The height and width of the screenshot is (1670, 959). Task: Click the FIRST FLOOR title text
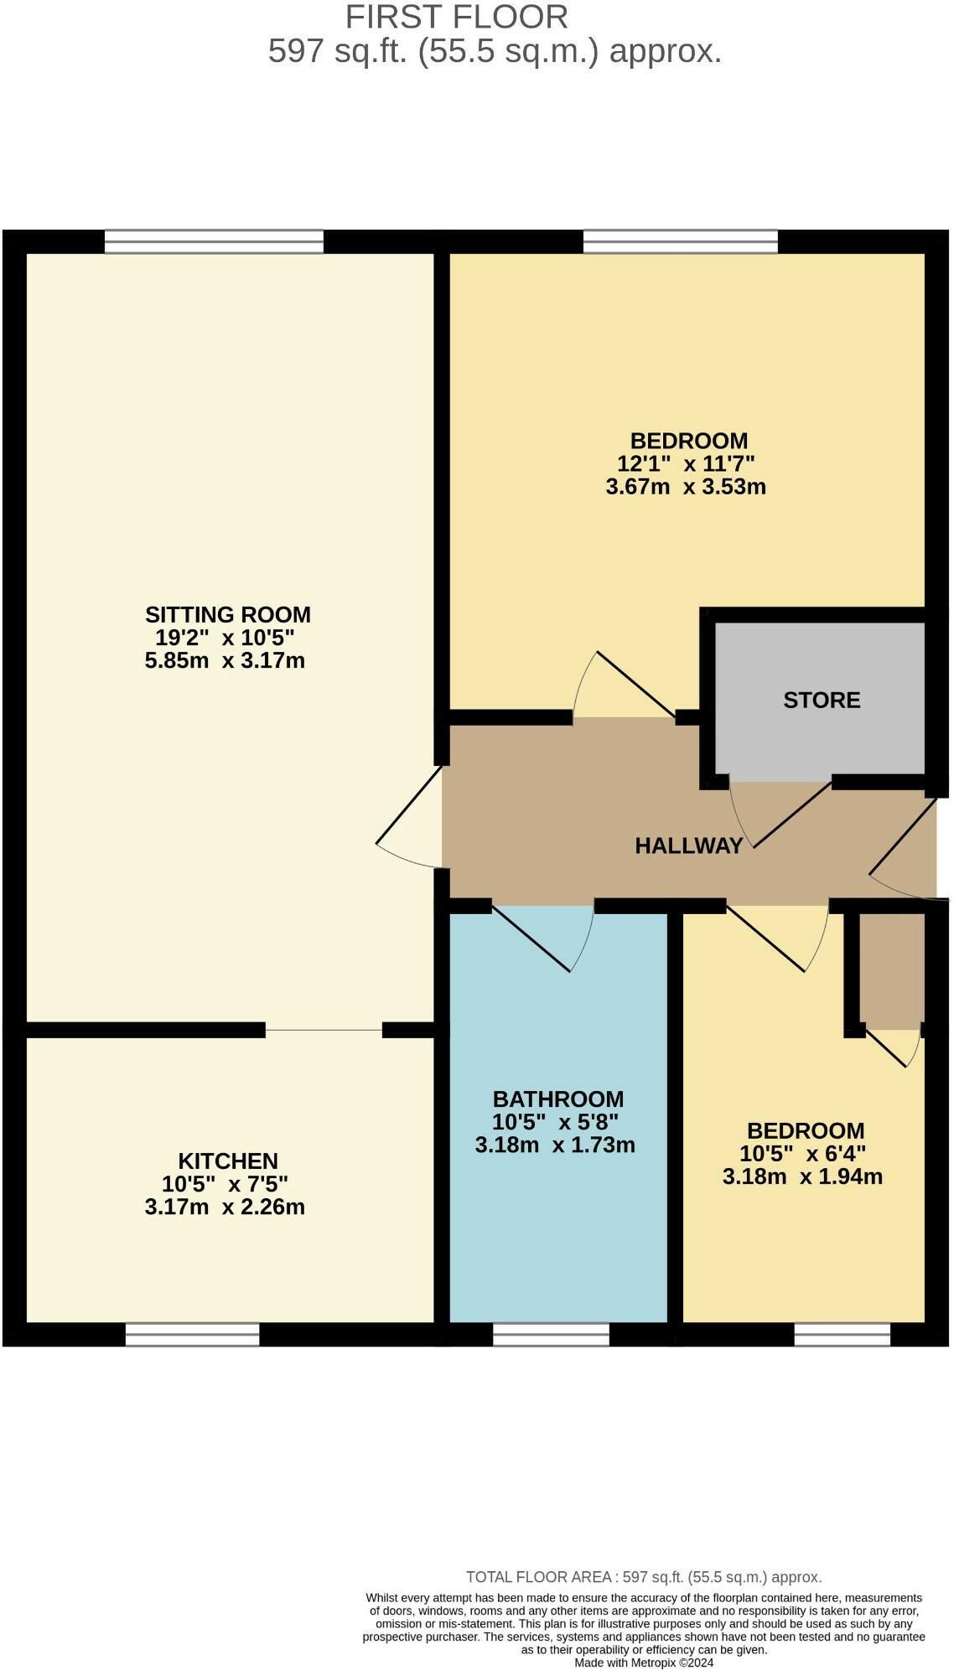tap(456, 17)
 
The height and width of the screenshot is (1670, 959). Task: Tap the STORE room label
tap(821, 701)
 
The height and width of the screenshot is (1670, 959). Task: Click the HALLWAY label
tap(688, 845)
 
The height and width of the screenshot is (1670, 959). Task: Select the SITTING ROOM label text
tap(227, 615)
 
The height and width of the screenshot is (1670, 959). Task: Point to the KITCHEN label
tap(227, 1161)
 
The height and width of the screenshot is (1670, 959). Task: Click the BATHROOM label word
tap(557, 1099)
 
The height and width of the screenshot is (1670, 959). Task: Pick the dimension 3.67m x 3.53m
tap(685, 487)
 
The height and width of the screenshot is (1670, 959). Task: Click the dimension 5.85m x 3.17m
tap(224, 661)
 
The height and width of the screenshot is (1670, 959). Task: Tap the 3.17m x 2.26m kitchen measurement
tap(224, 1207)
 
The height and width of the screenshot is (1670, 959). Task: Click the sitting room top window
tap(214, 242)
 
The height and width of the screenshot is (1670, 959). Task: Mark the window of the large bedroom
tap(680, 242)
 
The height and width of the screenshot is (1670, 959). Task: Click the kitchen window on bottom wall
tap(192, 1334)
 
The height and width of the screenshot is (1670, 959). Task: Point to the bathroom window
tap(551, 1334)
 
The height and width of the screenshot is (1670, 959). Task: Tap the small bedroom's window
tap(842, 1334)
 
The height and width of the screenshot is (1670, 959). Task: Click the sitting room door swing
tap(409, 817)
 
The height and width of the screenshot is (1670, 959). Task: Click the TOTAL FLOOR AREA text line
tap(643, 1577)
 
